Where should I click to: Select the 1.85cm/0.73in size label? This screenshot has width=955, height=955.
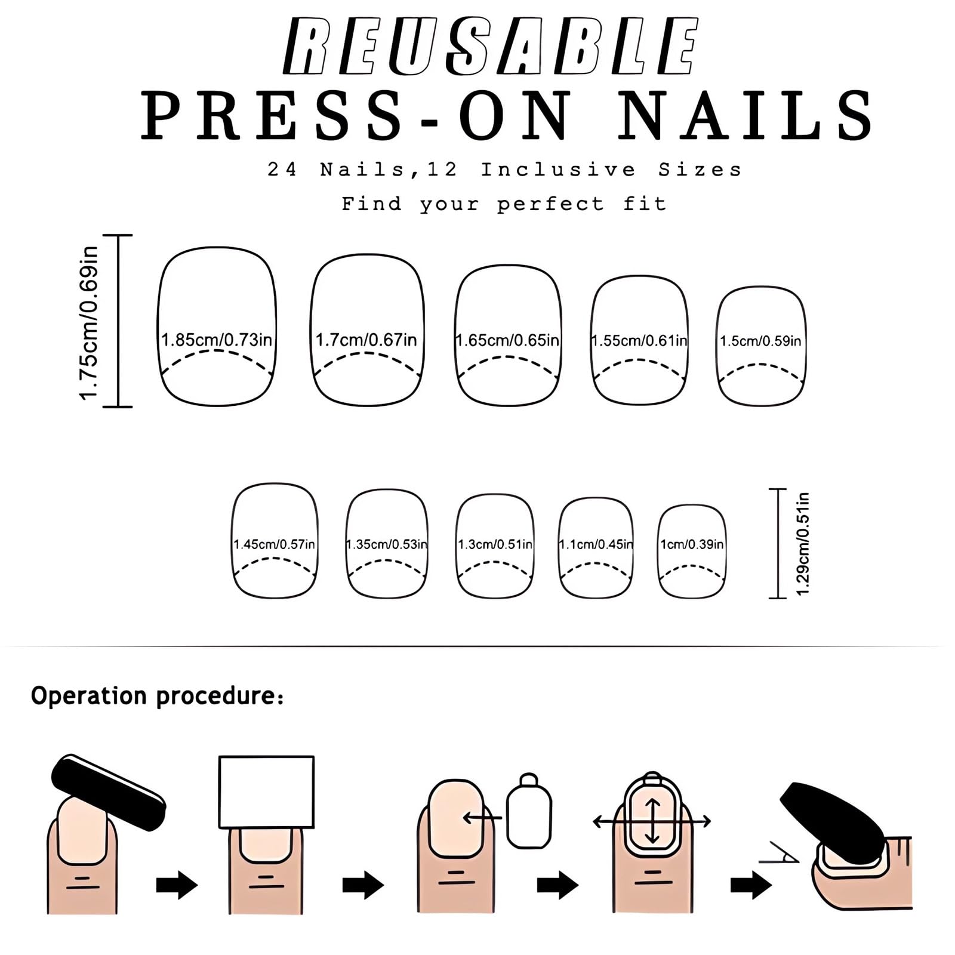(217, 340)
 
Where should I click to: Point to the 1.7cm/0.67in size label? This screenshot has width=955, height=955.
(366, 340)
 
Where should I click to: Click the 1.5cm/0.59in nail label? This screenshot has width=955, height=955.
(760, 341)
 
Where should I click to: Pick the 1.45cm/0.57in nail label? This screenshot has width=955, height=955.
(274, 544)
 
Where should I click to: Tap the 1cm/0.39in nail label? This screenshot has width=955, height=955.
(692, 544)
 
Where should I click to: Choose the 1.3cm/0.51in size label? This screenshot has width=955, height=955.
(495, 544)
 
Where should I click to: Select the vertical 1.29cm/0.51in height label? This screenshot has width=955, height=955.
(803, 544)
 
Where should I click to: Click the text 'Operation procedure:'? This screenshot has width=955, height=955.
(157, 696)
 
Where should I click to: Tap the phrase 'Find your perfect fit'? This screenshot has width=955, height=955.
(504, 204)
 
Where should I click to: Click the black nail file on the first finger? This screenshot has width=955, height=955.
(108, 791)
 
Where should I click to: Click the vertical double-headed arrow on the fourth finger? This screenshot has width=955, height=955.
(652, 821)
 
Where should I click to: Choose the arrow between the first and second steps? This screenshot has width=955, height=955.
(177, 885)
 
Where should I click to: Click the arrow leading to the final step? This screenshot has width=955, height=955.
(751, 885)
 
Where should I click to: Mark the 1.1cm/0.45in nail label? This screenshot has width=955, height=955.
(596, 544)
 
